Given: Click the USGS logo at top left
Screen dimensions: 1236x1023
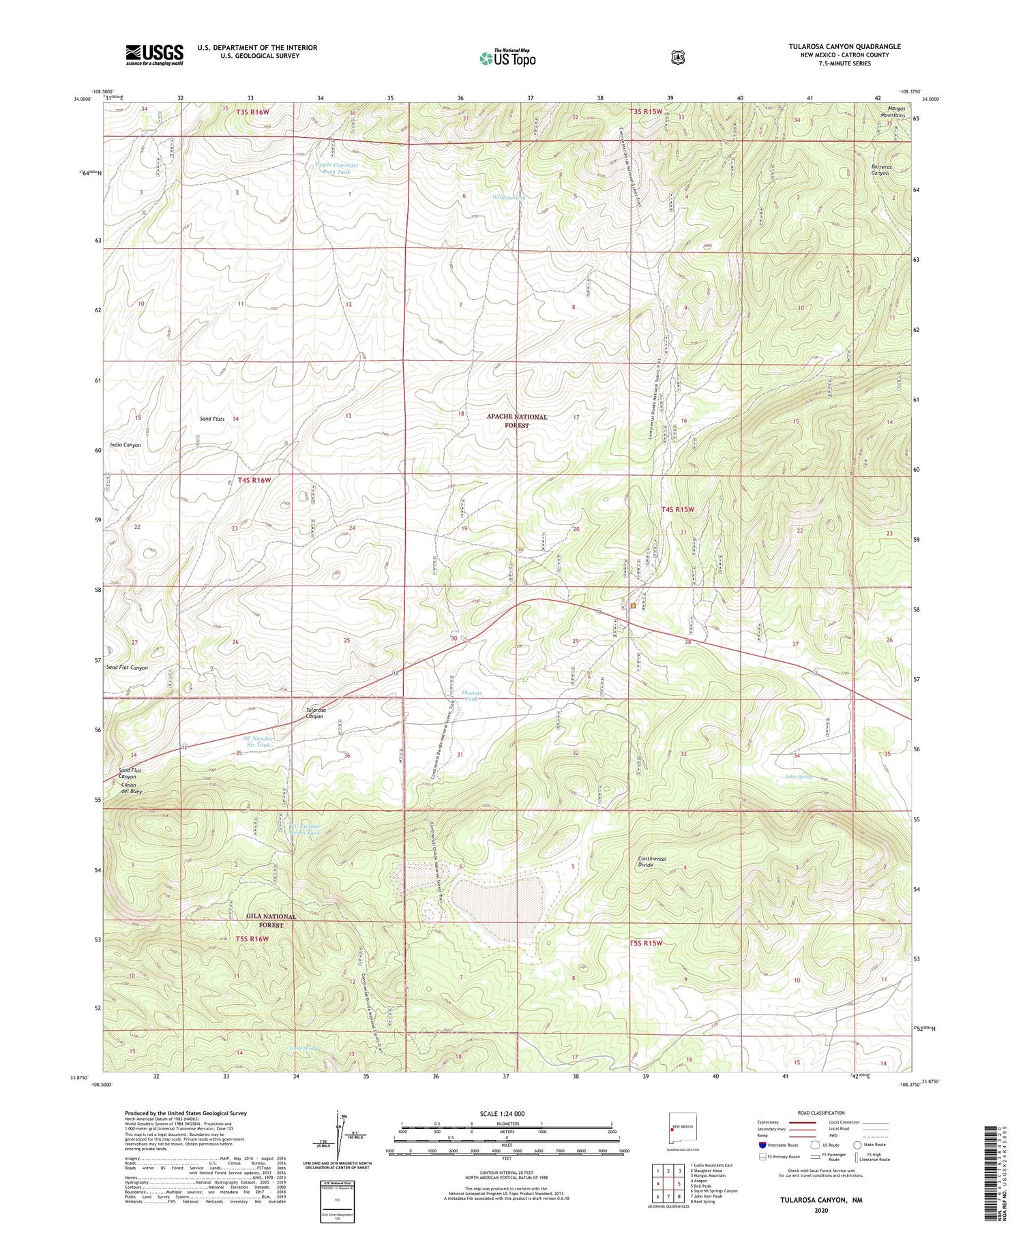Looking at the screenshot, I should coord(154,54).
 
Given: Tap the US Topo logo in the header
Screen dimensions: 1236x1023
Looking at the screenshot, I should coord(507,58).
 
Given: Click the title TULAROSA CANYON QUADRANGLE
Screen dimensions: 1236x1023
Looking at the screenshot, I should coord(844,46).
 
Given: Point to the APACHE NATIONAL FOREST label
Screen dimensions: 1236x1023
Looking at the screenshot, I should coord(516,421).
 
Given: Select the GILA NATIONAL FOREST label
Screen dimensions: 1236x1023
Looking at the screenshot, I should coord(271,920).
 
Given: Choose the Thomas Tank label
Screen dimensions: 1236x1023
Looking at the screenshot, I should coord(471,695).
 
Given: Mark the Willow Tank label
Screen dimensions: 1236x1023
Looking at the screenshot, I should coord(509,198).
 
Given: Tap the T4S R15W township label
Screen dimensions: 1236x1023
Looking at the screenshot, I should coord(677,509).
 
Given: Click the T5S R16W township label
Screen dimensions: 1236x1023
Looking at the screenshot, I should coord(252,939).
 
